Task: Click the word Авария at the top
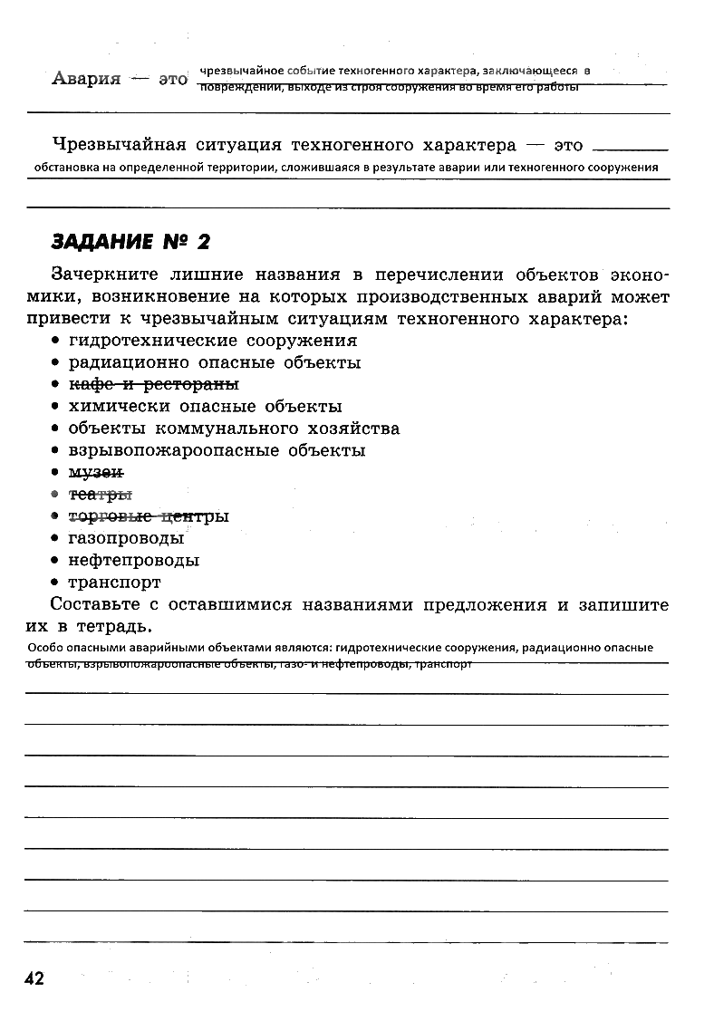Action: pyautogui.click(x=86, y=78)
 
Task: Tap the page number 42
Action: pyautogui.click(x=34, y=978)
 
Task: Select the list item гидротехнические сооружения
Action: pyautogui.click(x=213, y=341)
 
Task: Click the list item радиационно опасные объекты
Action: pyautogui.click(x=215, y=362)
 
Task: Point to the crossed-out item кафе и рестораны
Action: pyautogui.click(x=154, y=384)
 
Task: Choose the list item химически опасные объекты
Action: pyautogui.click(x=206, y=406)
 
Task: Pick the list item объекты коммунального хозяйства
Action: pyautogui.click(x=234, y=429)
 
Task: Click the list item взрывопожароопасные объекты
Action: pyautogui.click(x=217, y=450)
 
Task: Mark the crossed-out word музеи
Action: pyautogui.click(x=96, y=472)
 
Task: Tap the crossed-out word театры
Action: pyautogui.click(x=101, y=495)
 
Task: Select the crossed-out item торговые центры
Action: pyautogui.click(x=149, y=516)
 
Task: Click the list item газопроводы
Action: pyautogui.click(x=126, y=538)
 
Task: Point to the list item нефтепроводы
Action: pyautogui.click(x=134, y=560)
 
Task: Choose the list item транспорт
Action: pyautogui.click(x=115, y=583)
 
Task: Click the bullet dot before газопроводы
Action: pyautogui.click(x=56, y=538)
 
